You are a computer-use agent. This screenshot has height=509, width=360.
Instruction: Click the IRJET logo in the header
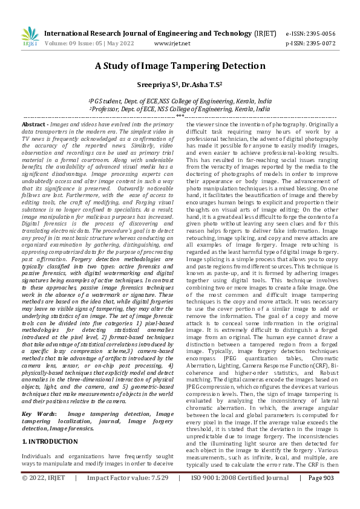[30, 37]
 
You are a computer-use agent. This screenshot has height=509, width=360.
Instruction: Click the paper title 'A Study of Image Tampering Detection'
[180, 67]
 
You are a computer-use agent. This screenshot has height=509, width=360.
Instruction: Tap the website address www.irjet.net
[172, 44]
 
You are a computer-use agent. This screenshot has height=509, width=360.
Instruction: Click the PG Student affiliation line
[180, 101]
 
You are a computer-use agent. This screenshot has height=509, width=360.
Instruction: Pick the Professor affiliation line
[180, 109]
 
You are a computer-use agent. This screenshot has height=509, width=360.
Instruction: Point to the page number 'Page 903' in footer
[321, 494]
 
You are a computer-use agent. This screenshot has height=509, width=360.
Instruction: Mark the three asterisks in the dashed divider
[180, 115]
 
